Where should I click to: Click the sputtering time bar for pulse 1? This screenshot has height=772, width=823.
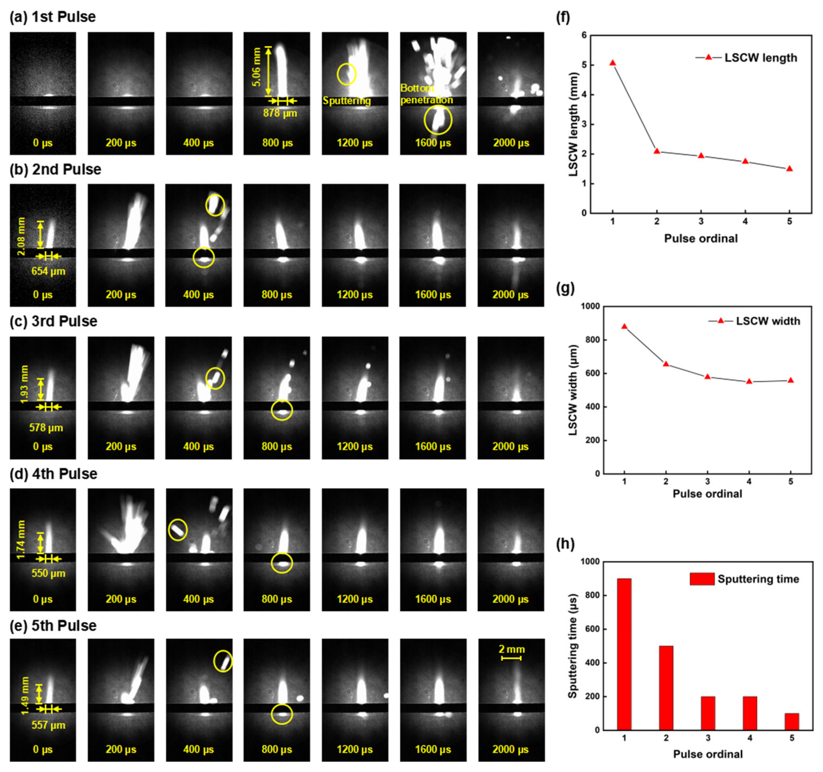(624, 654)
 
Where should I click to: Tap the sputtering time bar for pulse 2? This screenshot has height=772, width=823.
(666, 688)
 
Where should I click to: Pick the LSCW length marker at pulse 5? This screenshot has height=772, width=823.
(789, 168)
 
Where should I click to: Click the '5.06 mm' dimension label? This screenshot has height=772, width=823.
(257, 67)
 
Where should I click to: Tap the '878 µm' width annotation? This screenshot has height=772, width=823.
(280, 113)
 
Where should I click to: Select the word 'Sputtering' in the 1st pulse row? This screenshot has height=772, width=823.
(347, 101)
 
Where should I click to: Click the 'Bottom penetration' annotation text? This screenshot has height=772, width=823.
(426, 94)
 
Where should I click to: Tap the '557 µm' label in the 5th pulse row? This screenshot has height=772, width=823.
(48, 725)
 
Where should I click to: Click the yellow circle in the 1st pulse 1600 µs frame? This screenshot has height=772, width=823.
(438, 120)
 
